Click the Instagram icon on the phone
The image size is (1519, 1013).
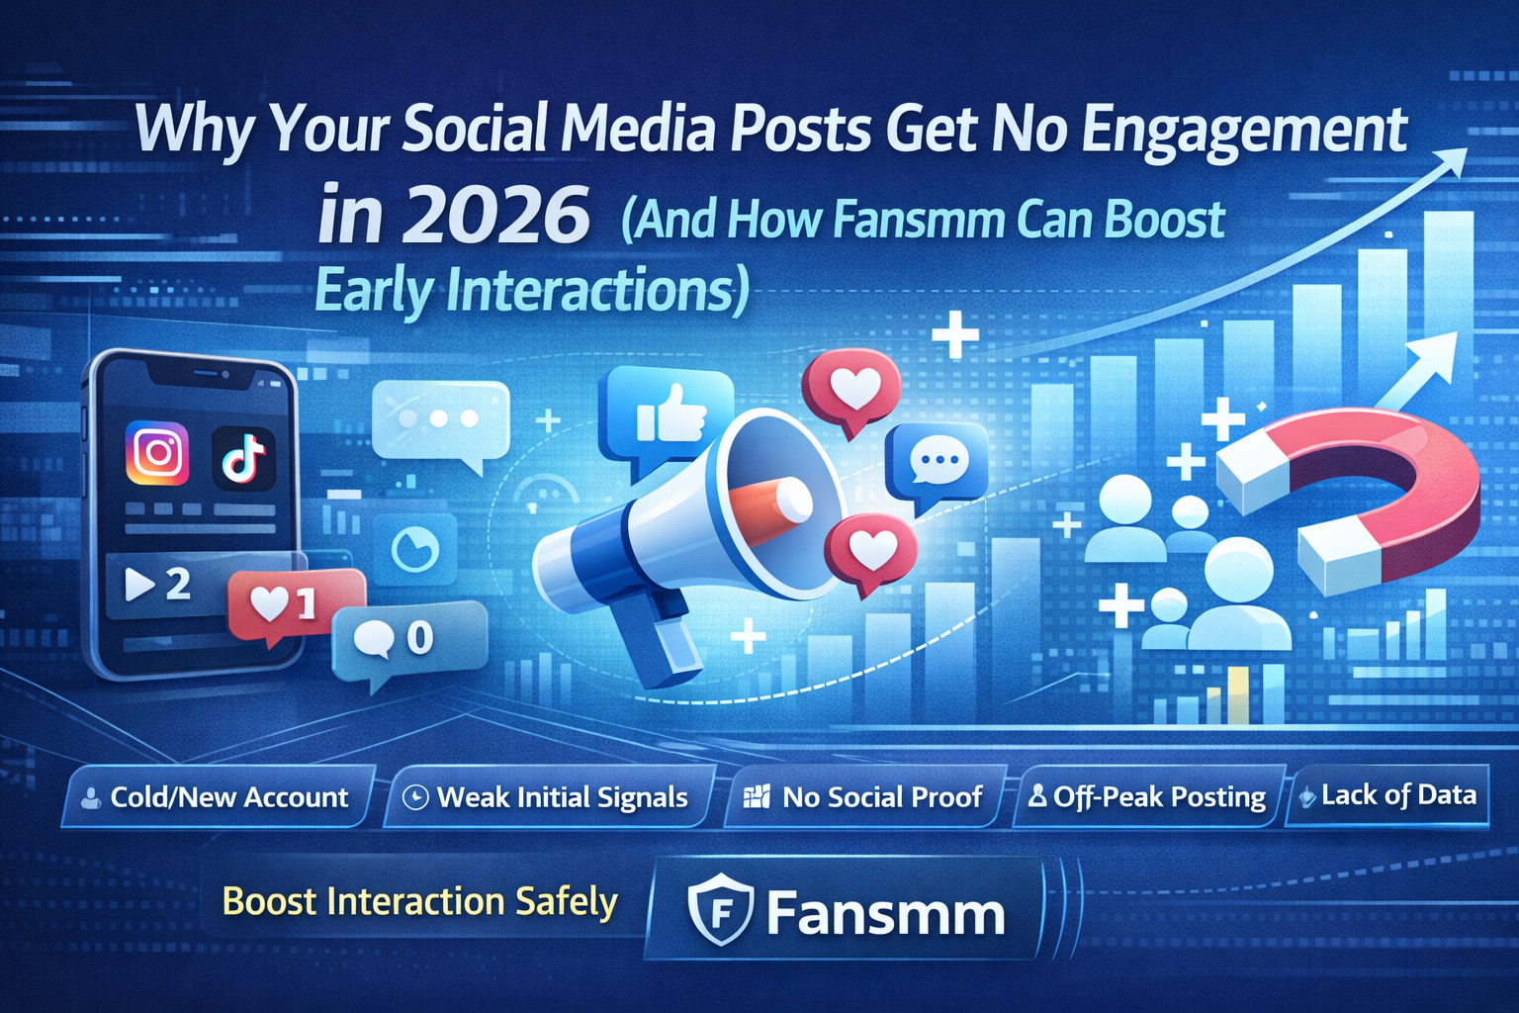point(156,452)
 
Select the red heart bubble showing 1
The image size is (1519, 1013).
point(297,605)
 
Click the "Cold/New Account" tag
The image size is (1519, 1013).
point(218,796)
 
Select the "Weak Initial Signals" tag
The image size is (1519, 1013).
point(549,796)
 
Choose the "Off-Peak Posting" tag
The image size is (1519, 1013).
point(1148,796)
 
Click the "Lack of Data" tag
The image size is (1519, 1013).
point(1387,795)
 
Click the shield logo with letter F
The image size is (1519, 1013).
point(720,910)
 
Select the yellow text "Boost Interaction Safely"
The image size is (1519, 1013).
point(419,902)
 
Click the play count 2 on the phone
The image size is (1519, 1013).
point(178,584)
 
